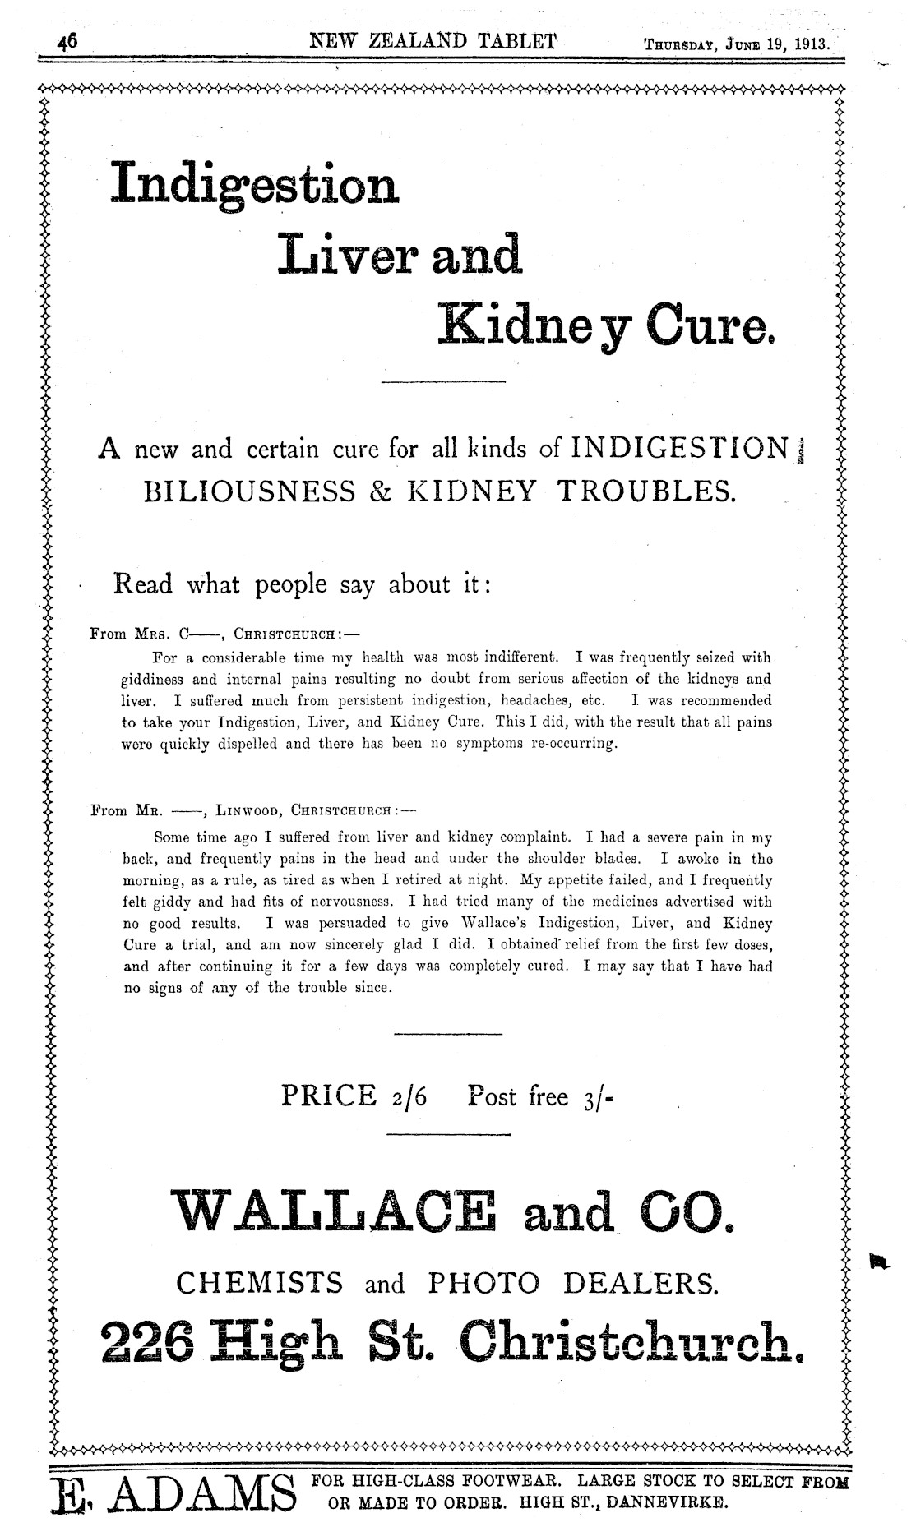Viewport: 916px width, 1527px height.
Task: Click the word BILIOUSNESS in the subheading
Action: (250, 491)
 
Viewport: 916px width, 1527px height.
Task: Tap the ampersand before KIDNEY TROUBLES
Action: (380, 491)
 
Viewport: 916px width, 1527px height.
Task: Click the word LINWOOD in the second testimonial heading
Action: (247, 810)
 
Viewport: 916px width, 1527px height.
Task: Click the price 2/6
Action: (406, 1096)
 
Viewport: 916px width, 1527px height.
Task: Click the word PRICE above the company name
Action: (328, 1096)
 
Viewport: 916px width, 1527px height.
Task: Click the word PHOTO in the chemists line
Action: (484, 1282)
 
